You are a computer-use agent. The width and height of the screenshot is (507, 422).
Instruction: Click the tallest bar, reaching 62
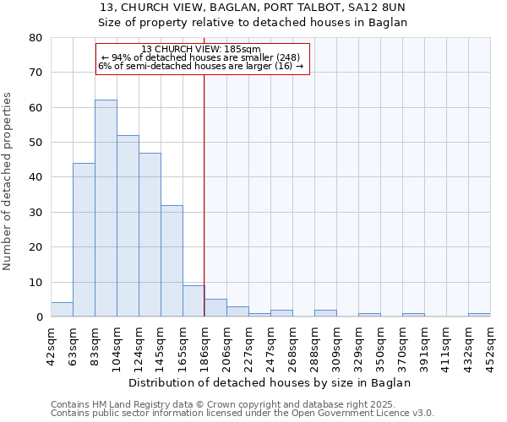click(106, 208)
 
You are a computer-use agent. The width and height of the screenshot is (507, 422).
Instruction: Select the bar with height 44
click(84, 240)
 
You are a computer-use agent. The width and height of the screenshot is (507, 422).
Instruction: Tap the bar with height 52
click(128, 225)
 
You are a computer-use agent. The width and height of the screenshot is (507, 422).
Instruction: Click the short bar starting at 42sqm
click(62, 310)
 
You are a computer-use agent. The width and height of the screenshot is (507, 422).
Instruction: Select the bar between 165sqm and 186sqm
click(194, 301)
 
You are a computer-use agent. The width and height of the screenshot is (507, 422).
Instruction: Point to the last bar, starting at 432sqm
click(479, 315)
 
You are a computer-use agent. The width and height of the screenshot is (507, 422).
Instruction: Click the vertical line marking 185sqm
click(204, 194)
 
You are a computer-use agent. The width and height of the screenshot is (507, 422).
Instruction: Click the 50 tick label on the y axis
click(35, 143)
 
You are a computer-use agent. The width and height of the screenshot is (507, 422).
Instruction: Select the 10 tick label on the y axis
click(35, 282)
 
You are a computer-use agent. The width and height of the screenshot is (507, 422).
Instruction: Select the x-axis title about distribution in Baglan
click(270, 382)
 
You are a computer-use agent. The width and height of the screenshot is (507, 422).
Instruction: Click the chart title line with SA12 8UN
click(253, 6)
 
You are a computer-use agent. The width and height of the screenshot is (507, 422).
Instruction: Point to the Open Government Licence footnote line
click(243, 413)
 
